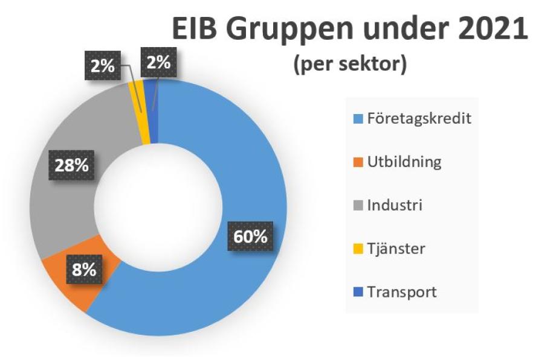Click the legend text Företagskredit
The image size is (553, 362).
coord(419,118)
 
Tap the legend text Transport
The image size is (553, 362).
coord(401,293)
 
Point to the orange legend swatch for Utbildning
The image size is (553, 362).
coord(358,162)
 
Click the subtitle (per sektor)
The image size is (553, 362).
coord(349,65)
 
